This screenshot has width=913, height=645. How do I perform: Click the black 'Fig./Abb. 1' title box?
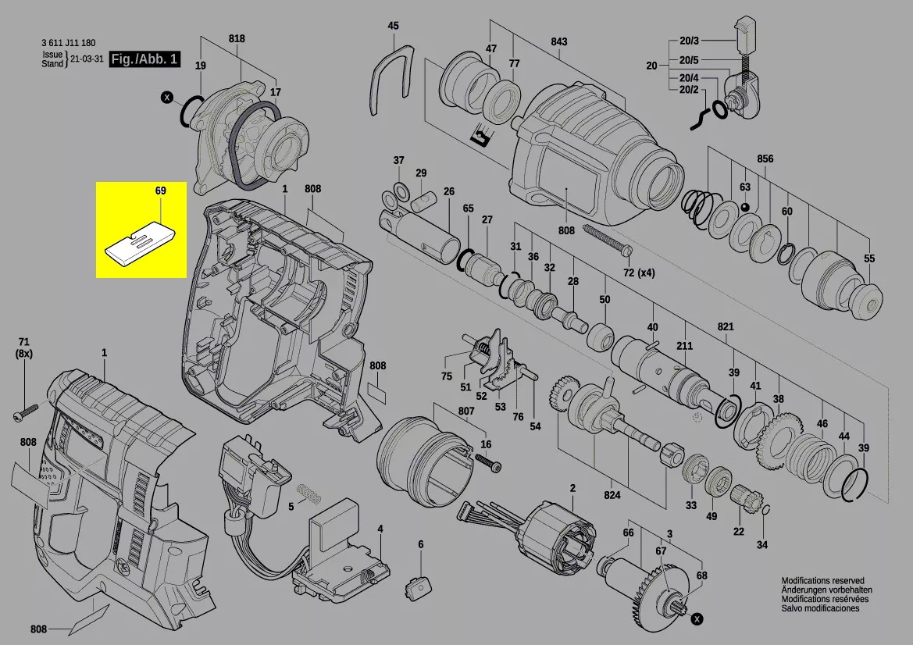tap(144, 59)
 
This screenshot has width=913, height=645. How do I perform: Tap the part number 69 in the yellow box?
tap(161, 191)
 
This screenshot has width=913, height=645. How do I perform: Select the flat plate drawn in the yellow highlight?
tap(140, 244)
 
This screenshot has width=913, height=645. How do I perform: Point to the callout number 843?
tap(559, 42)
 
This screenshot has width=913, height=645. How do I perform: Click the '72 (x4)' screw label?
tap(639, 273)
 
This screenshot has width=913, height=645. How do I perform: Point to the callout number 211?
tap(685, 346)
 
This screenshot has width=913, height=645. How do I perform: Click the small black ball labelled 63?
tap(745, 208)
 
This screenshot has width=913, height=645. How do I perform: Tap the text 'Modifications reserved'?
tap(822, 580)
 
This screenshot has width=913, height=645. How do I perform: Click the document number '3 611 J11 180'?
tap(69, 42)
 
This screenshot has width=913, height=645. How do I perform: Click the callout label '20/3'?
tap(689, 41)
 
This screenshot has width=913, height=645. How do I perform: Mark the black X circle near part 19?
tap(168, 97)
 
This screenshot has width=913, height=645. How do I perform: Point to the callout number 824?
tap(612, 495)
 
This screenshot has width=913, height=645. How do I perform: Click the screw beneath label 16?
tap(489, 463)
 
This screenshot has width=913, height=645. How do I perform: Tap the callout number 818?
tap(237, 38)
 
